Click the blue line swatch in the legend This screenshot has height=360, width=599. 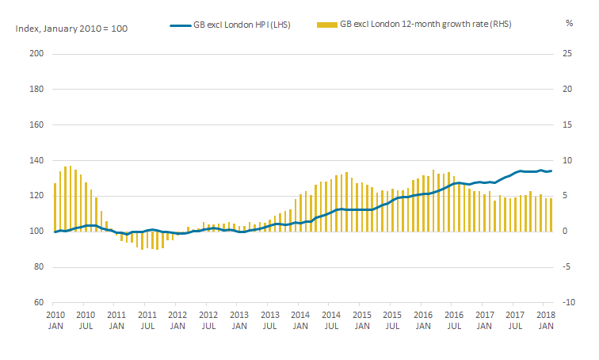pyautogui.click(x=181, y=25)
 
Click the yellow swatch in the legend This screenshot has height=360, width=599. pyautogui.click(x=327, y=25)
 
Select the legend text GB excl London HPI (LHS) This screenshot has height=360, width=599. pyautogui.click(x=242, y=25)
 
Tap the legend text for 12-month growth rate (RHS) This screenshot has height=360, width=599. pyautogui.click(x=425, y=24)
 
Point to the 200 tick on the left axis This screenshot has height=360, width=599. pyautogui.click(x=36, y=53)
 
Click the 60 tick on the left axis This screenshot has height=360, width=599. pyautogui.click(x=39, y=302)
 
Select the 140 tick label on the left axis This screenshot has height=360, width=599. pyautogui.click(x=36, y=160)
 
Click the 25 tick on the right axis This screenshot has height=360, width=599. pyautogui.click(x=567, y=53)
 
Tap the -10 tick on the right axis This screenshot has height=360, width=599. pyautogui.click(x=568, y=302)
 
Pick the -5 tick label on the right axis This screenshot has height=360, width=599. pyautogui.click(x=567, y=266)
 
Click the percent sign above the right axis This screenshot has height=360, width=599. pyautogui.click(x=569, y=23)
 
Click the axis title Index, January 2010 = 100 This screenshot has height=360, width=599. pyautogui.click(x=71, y=29)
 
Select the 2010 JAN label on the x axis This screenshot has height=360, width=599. pyautogui.click(x=55, y=320)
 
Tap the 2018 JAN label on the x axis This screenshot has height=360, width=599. pyautogui.click(x=546, y=320)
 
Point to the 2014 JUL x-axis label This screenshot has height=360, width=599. pyautogui.click(x=331, y=320)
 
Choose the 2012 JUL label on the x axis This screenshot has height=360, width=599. pyautogui.click(x=208, y=320)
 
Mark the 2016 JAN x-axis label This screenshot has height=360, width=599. pyautogui.click(x=423, y=320)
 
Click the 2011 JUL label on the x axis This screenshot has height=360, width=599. pyautogui.click(x=147, y=320)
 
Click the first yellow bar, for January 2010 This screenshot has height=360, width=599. pyautogui.click(x=55, y=207)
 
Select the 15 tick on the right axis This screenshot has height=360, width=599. pyautogui.click(x=567, y=124)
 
